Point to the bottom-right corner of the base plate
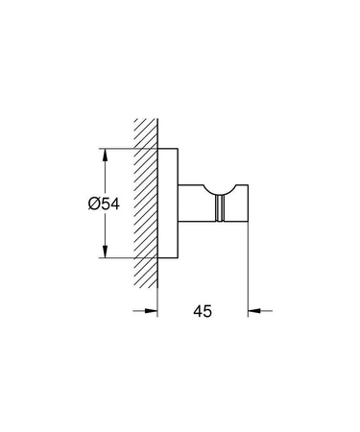(x=179, y=258)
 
